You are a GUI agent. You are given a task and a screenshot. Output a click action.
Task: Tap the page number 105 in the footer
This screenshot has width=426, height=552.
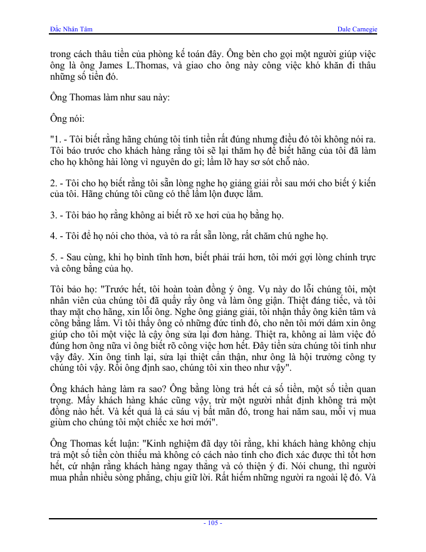pos(213,523)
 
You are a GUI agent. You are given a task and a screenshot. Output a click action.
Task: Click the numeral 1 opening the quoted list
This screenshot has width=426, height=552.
pos(56,138)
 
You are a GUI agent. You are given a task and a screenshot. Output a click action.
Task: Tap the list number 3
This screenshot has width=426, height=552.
pos(53,215)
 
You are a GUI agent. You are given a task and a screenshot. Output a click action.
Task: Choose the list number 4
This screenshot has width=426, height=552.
pos(53,236)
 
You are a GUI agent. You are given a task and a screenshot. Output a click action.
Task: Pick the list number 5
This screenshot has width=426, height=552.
pos(53,258)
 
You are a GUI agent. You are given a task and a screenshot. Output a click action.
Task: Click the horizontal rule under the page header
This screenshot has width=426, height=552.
pos(213,34)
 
